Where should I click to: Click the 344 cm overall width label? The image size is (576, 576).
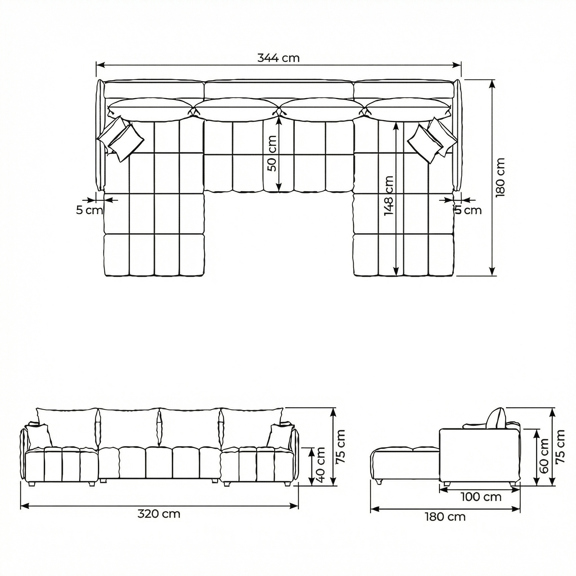click(x=278, y=58)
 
